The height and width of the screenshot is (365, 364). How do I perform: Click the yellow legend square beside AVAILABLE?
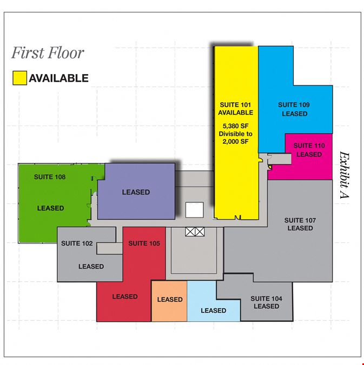tap(19, 78)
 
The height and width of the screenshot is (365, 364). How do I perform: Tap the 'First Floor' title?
tap(48, 53)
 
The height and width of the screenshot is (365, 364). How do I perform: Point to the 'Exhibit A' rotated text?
tap(344, 175)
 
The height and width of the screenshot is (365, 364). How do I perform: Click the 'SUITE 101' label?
tap(235, 105)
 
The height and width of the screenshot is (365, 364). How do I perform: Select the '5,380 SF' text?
tap(235, 126)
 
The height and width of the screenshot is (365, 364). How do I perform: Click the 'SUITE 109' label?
tap(294, 105)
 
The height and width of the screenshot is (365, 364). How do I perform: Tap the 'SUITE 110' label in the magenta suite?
tap(309, 145)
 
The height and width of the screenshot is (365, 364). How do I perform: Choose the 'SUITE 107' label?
tap(300, 220)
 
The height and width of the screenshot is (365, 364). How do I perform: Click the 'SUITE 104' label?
tap(266, 298)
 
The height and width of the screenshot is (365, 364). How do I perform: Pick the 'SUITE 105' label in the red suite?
tap(144, 243)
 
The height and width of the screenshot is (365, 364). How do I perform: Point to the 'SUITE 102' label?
tap(77, 243)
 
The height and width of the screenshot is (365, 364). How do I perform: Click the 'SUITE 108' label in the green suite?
tap(50, 177)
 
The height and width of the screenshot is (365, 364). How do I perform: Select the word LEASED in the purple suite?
tap(136, 193)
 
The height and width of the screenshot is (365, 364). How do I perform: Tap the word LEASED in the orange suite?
tap(170, 300)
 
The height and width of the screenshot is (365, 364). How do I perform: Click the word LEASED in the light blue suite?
tap(213, 310)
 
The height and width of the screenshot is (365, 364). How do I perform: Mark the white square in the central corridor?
tap(195, 210)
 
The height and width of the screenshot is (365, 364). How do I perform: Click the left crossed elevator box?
tap(190, 232)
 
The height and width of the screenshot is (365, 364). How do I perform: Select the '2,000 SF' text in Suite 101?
tap(235, 142)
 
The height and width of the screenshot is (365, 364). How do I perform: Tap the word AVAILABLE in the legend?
tap(59, 78)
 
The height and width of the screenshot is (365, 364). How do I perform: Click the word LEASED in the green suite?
tap(50, 208)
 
